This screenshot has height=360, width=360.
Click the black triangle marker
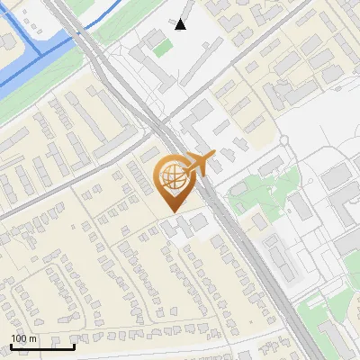tap(181, 24)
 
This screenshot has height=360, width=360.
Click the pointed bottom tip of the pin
tap(172, 212)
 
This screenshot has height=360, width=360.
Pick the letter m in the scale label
tap(33, 338)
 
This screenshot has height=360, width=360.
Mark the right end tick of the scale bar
tap(74, 345)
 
